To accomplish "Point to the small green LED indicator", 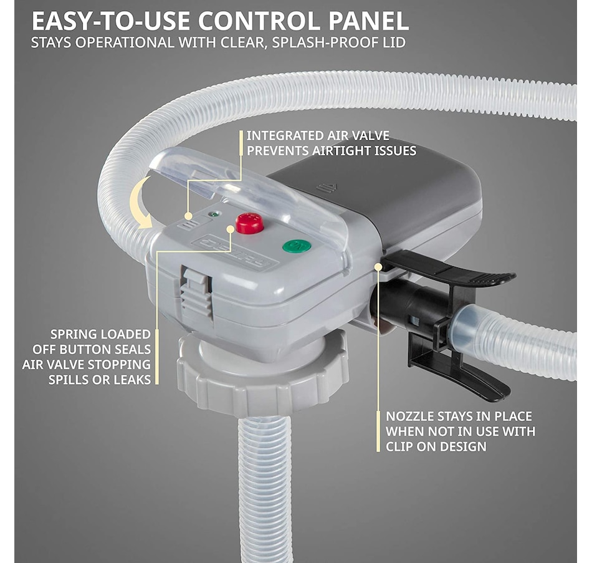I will point(215,214).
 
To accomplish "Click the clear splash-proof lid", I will point(249,187).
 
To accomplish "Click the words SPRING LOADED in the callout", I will point(100,335).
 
